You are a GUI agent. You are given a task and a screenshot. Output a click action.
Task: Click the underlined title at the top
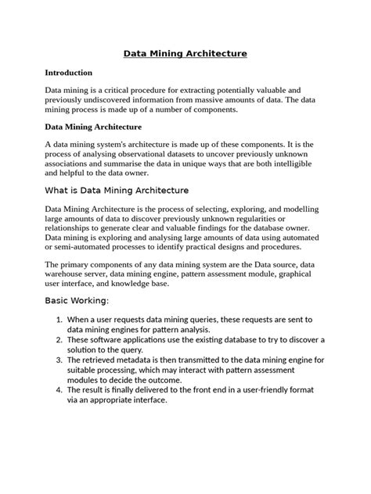(x=185, y=53)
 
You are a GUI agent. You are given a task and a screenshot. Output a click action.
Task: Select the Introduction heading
(x=69, y=73)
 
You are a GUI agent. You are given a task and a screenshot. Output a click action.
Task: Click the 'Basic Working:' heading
(x=77, y=301)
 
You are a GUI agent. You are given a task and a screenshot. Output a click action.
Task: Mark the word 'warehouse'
(x=67, y=275)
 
